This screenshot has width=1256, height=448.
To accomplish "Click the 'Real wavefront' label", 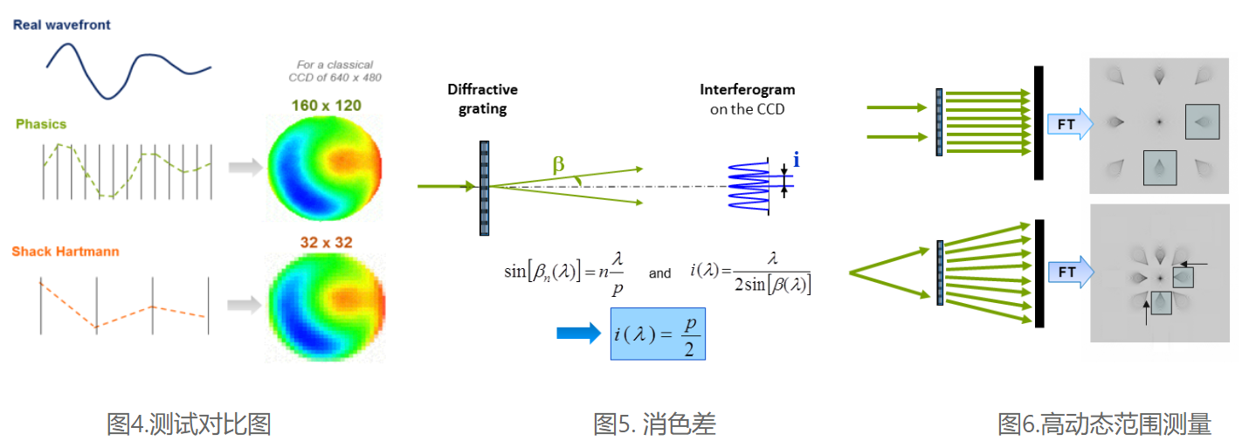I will pyautogui.click(x=61, y=25).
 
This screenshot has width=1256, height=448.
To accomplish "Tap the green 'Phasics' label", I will pyautogui.click(x=41, y=124).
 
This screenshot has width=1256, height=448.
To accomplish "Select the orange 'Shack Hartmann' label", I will pyautogui.click(x=66, y=252).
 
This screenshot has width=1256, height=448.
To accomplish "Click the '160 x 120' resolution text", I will pyautogui.click(x=326, y=106).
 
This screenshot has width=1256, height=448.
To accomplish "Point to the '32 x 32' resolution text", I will pyautogui.click(x=326, y=242).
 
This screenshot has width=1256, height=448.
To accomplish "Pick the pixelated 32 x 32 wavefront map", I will pyautogui.click(x=325, y=307).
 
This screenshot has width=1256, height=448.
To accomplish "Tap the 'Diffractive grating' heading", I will pyautogui.click(x=482, y=99).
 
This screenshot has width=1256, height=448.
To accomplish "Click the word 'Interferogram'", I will pyautogui.click(x=747, y=90).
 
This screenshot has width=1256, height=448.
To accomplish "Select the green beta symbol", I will pyautogui.click(x=557, y=163).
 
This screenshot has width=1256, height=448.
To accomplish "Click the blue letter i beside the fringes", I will pyautogui.click(x=796, y=159).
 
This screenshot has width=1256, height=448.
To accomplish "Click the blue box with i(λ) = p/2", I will pyautogui.click(x=658, y=334).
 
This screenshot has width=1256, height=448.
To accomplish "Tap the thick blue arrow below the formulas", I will pyautogui.click(x=579, y=333).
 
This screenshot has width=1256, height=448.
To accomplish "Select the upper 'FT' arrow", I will pyautogui.click(x=1068, y=124).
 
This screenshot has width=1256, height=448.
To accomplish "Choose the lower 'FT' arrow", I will pyautogui.click(x=1068, y=272).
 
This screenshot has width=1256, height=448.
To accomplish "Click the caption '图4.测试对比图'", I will pyautogui.click(x=189, y=424).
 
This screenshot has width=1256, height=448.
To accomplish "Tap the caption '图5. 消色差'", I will pyautogui.click(x=654, y=424).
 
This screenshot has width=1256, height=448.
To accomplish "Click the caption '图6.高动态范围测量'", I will pyautogui.click(x=1104, y=424).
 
